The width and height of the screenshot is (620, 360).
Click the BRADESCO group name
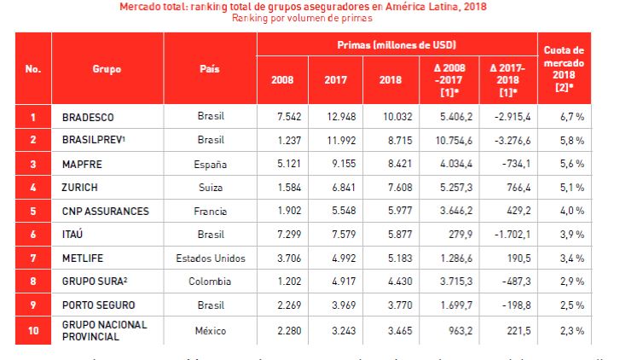pos(88,116)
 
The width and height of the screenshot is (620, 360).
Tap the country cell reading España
pos(210,163)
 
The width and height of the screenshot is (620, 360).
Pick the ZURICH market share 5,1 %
pos(567,187)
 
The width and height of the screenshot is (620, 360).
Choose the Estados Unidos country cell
pos(210,258)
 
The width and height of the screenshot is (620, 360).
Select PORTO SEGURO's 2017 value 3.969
pos(336,305)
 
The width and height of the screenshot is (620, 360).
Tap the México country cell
pos(210,329)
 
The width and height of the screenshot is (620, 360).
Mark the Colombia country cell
pos(210,281)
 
